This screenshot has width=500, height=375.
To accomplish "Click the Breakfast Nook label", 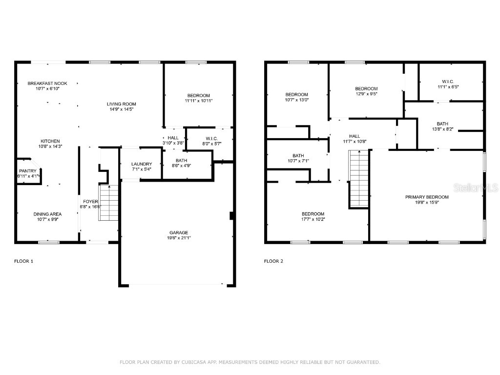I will pos(47,83).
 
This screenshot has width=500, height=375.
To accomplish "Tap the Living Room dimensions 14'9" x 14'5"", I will pos(122,109).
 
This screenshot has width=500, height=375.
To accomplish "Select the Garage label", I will pos(179,232).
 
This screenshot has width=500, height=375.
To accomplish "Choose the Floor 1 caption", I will pos(23,261).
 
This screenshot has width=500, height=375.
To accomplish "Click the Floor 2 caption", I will pos(273,261).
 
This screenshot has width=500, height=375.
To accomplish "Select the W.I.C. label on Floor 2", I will pos(448,81).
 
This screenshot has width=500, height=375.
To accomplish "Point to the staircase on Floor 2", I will pos(358,179).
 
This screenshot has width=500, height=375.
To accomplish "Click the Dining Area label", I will pos(47,214).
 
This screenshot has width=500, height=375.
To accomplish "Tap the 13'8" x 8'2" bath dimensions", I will pos(442,129).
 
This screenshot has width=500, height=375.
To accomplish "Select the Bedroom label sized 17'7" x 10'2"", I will pos(312,214).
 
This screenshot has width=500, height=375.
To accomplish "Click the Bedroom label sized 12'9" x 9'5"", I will pos(366,88).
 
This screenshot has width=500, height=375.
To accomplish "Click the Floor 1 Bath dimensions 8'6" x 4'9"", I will pos(181,166).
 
